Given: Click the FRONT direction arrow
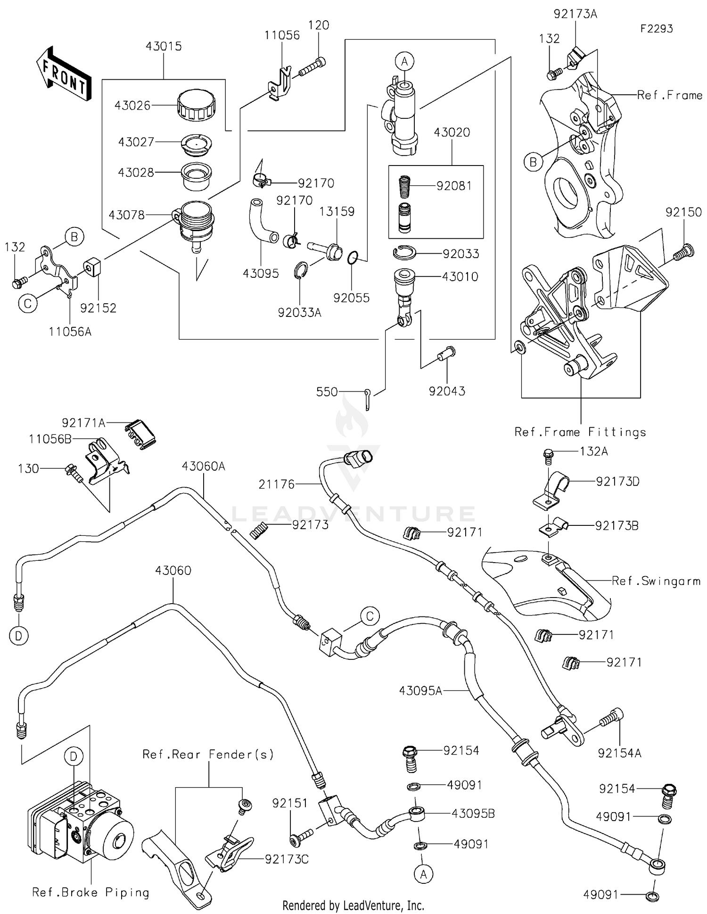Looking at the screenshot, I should tap(64, 74).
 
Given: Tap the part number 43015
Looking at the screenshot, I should tap(164, 46).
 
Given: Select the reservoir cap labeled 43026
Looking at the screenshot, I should tap(197, 107).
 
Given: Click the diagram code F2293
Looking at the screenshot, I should tap(656, 29).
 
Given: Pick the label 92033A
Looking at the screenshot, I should tap(299, 312).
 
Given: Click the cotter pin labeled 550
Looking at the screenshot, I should tap(369, 399).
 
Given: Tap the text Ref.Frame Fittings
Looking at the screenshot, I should tap(580, 432).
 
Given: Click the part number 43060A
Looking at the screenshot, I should tap(204, 466).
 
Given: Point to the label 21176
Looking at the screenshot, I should tap(277, 484).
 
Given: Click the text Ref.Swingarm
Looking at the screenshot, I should tap(656, 581).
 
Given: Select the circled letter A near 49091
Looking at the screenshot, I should tap(423, 874).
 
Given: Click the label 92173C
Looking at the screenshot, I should tap(287, 859).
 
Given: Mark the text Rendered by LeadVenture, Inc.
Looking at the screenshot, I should tap(353, 905).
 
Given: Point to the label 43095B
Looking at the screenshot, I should tap(473, 814).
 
